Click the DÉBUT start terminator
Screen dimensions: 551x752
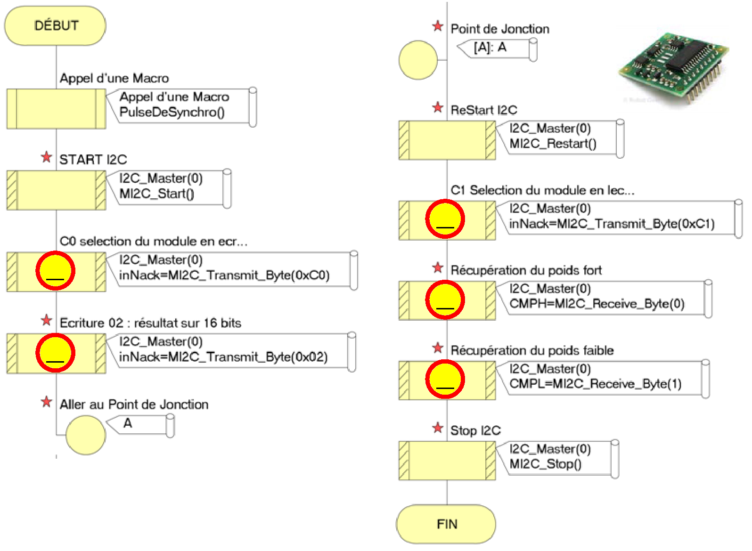[56, 25]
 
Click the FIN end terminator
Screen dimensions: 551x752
[446, 524]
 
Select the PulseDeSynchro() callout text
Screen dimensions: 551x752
[172, 112]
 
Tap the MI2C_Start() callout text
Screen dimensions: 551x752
[156, 194]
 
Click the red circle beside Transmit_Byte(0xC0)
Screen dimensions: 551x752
[56, 270]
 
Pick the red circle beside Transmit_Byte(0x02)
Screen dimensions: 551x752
[56, 353]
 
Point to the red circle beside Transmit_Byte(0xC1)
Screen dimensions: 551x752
[445, 219]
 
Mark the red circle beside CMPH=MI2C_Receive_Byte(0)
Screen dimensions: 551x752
[445, 300]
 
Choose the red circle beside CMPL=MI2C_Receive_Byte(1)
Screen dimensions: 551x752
[445, 379]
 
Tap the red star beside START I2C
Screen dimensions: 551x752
[46, 157]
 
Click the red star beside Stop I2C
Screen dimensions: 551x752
[438, 428]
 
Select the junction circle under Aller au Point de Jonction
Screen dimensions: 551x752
[85, 435]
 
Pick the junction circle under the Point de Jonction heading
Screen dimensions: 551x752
[418, 60]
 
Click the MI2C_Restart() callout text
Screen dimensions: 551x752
[553, 144]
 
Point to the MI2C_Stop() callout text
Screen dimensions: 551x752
[545, 464]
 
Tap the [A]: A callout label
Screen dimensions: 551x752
[490, 47]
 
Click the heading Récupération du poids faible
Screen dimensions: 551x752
[532, 350]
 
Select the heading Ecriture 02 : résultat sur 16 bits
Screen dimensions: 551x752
[150, 323]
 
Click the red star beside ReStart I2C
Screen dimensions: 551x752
[438, 107]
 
